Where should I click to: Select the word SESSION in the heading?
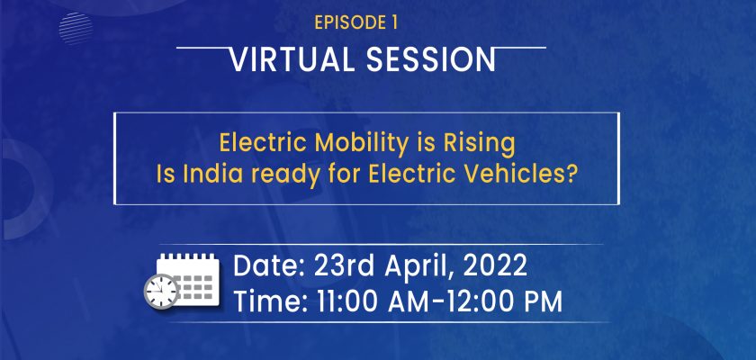(x=431, y=59)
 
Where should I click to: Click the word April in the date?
(x=419, y=266)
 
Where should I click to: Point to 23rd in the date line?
(x=346, y=266)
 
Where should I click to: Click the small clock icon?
(x=161, y=291)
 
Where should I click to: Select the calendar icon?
(x=188, y=280)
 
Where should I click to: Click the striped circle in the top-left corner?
(x=76, y=29)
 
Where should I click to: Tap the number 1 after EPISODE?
(x=394, y=23)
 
